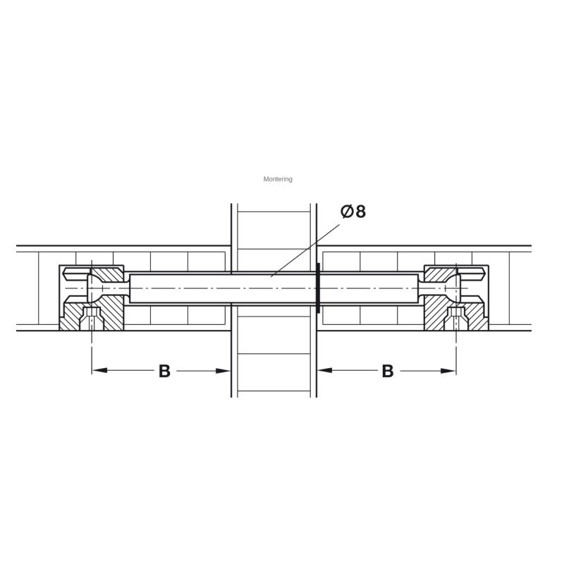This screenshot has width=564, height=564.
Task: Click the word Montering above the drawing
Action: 278,179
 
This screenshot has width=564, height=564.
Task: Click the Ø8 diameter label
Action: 353,211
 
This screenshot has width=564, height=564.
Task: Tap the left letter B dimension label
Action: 164,371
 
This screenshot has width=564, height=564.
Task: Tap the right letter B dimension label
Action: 387,371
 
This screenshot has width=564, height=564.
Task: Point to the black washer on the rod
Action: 318,288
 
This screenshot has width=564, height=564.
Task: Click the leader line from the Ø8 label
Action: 305,251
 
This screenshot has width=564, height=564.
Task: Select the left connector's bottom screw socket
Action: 92,319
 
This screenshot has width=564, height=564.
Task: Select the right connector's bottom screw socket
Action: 456,319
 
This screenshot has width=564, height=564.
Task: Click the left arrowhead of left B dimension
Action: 99,371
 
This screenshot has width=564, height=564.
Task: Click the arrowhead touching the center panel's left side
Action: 223,371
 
